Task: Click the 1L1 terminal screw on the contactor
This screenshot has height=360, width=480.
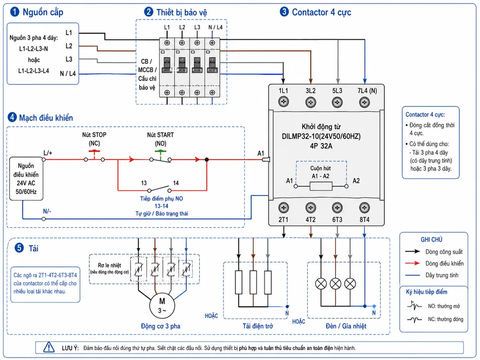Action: [283, 102]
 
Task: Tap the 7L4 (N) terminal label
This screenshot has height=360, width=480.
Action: [367, 90]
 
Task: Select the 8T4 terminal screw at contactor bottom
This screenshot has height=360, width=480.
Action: [364, 208]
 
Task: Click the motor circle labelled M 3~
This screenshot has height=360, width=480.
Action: [162, 305]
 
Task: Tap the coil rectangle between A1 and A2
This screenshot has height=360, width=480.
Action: [321, 186]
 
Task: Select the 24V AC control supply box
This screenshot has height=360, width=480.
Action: [26, 178]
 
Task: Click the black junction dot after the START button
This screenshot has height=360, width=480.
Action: [206, 159]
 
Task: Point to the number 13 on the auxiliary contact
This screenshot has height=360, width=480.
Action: [144, 183]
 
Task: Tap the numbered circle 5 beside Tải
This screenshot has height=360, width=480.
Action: [19, 248]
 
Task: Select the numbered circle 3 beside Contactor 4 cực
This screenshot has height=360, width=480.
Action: [284, 12]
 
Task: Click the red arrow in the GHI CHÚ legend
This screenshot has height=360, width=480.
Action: [412, 263]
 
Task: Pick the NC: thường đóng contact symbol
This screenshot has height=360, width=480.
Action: [414, 319]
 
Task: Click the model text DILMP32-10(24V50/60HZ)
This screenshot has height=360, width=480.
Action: [321, 136]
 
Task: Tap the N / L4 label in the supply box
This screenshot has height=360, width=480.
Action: [68, 74]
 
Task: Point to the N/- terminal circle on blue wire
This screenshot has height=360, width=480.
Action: [44, 218]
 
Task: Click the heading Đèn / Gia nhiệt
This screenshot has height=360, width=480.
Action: [346, 326]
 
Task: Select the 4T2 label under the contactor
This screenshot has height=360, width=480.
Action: [310, 219]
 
